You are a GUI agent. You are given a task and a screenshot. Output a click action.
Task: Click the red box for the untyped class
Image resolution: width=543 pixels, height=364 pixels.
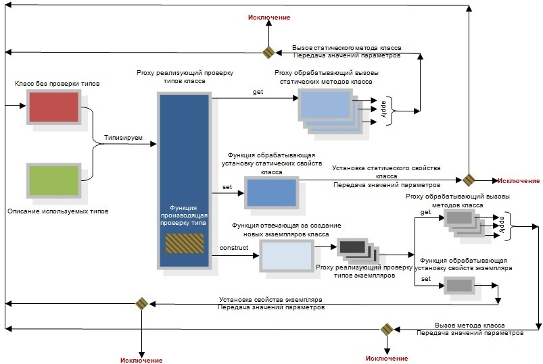(x=53, y=107)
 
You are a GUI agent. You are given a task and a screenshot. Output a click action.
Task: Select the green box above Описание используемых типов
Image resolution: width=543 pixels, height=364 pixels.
(x=53, y=180)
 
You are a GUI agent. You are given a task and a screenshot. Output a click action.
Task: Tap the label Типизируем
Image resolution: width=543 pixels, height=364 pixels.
(x=123, y=138)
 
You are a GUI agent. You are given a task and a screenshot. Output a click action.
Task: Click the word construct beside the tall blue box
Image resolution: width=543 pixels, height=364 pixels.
(x=234, y=248)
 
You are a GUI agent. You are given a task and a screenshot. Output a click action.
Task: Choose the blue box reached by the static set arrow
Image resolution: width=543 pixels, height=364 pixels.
(x=271, y=192)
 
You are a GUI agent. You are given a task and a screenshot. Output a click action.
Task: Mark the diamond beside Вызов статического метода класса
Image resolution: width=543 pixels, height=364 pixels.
(x=268, y=52)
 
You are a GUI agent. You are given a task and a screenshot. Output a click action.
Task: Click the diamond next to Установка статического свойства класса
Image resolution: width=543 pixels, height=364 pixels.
(x=467, y=180)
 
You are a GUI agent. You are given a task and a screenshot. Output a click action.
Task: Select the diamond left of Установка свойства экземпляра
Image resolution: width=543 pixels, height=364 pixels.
(x=141, y=303)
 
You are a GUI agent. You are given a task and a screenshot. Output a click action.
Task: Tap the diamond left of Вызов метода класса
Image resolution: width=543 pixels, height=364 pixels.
(x=386, y=329)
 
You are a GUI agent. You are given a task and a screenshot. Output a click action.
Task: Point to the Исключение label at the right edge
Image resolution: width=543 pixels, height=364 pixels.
(x=519, y=180)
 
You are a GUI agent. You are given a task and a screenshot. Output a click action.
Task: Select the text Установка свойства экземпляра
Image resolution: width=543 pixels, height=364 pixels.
(x=274, y=299)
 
